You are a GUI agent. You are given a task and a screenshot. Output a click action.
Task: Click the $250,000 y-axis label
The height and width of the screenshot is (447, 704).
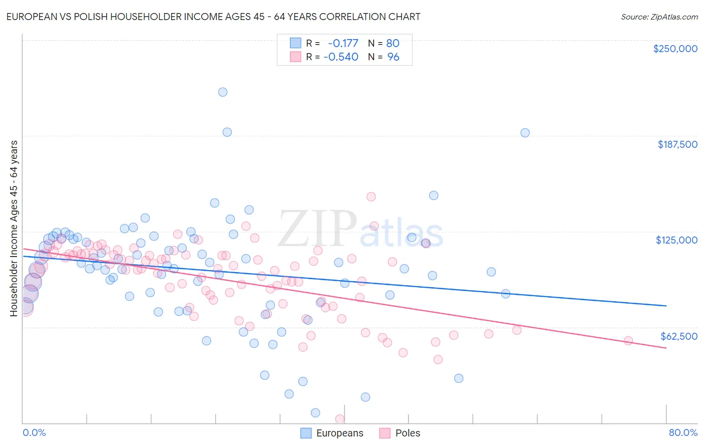(x=675, y=49)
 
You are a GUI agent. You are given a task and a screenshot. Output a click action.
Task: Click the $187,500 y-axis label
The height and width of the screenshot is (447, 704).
(x=677, y=144)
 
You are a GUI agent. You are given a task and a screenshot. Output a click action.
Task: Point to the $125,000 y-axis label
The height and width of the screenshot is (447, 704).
(x=676, y=240)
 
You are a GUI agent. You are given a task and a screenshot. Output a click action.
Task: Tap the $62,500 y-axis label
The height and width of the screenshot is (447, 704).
(x=678, y=336)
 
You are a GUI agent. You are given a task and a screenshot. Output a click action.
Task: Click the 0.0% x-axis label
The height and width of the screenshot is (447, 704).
(x=34, y=432)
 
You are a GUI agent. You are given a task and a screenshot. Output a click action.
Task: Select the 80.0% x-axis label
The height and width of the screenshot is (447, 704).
(x=683, y=432)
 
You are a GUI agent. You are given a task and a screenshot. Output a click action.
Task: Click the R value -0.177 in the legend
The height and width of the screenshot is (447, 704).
(x=343, y=43)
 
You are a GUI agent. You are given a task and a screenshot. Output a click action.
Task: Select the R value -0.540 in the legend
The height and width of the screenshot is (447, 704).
(x=341, y=57)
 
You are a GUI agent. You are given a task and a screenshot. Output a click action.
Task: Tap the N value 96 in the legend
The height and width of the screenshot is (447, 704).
(x=393, y=57)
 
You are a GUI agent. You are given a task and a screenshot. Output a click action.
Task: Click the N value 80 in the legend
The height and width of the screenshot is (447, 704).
(x=393, y=43)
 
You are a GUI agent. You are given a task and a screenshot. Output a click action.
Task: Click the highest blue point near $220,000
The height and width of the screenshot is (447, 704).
(x=223, y=92)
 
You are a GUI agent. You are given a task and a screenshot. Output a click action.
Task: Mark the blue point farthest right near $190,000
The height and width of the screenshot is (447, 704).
(x=525, y=133)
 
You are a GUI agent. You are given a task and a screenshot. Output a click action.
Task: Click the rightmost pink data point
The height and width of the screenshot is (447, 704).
(x=628, y=341)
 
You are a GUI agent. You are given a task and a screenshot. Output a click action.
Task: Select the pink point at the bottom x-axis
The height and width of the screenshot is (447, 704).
(x=339, y=418)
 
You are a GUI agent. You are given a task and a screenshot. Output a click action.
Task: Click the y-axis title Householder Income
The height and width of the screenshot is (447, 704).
(x=14, y=228)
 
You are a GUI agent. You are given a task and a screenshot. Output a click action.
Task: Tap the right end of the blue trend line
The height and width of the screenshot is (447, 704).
(x=666, y=306)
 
